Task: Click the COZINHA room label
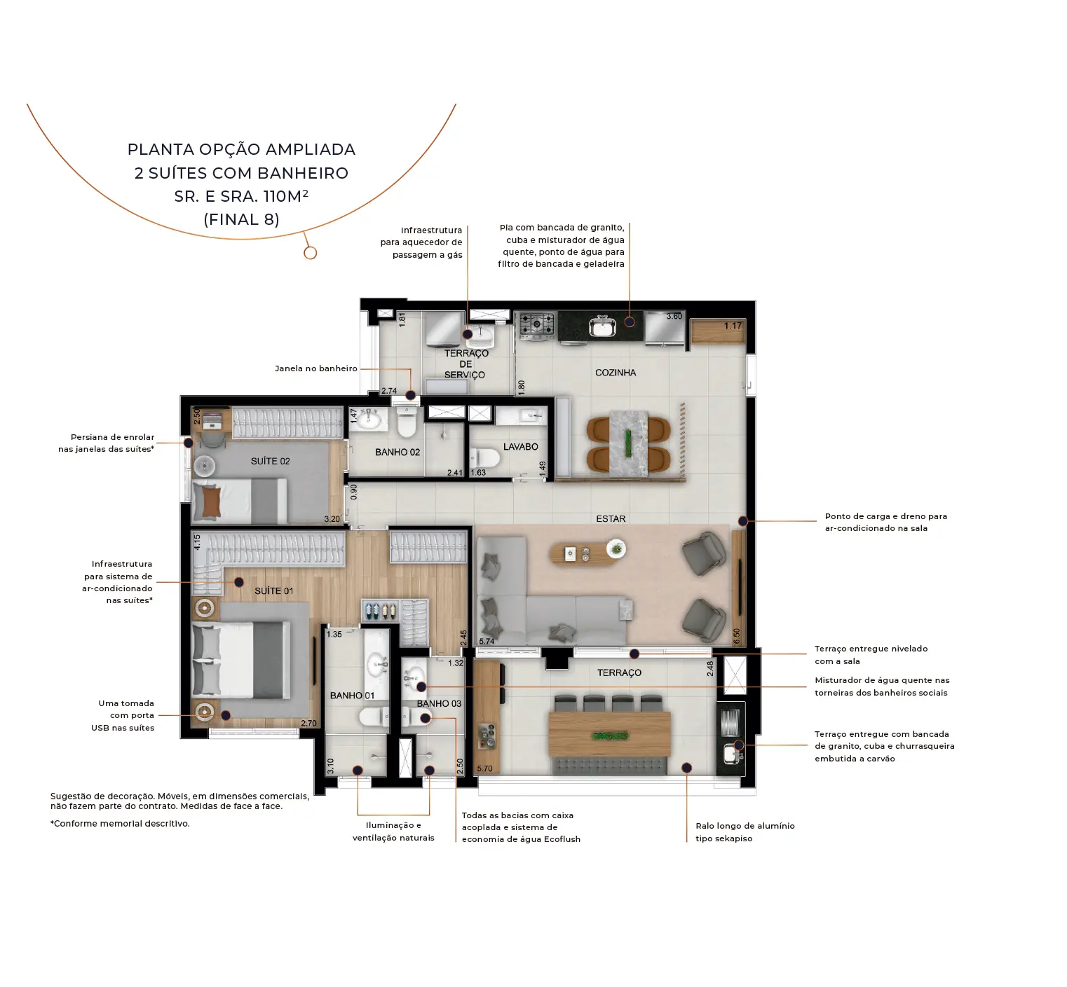(x=615, y=373)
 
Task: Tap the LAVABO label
(x=520, y=447)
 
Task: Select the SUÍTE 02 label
(x=270, y=461)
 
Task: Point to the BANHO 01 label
(x=352, y=696)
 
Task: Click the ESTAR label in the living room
(x=611, y=519)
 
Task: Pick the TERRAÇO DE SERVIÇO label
(x=465, y=364)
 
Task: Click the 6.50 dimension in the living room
(x=736, y=637)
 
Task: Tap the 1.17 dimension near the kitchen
(x=733, y=326)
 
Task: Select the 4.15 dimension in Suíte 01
(x=197, y=542)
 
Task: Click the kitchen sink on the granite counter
(x=602, y=326)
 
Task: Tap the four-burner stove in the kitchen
(x=536, y=324)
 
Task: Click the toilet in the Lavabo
(x=484, y=459)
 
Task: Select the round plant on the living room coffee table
(x=616, y=548)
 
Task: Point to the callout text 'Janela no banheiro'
(x=316, y=368)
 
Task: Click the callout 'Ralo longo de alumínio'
(x=745, y=826)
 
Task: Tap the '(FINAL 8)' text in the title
(x=241, y=219)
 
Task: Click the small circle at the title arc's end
(x=311, y=253)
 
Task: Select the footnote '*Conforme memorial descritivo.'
(x=120, y=824)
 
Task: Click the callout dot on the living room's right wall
(x=742, y=521)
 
